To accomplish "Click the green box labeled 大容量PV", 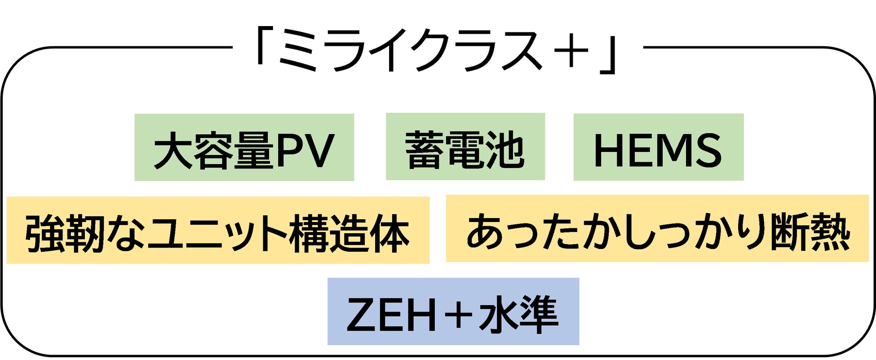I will (244, 147).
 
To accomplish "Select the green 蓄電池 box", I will (465, 147).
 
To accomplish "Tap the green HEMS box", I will (658, 147).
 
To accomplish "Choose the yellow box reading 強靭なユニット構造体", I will (218, 230).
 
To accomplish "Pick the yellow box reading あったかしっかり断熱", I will (657, 228).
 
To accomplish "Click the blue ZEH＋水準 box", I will (453, 311).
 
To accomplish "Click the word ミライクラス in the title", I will (410, 50).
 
